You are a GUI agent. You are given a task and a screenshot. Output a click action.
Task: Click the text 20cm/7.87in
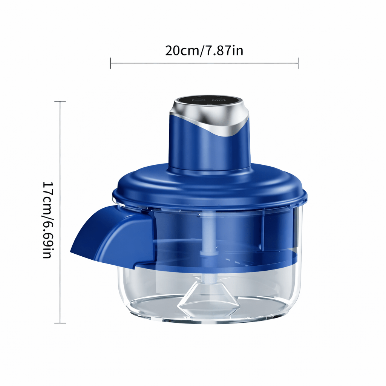(204, 50)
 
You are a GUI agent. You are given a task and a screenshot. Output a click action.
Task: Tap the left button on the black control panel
(198, 100)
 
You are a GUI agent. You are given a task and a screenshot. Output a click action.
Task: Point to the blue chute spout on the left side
(102, 237)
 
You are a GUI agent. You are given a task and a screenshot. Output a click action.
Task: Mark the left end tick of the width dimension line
(111, 63)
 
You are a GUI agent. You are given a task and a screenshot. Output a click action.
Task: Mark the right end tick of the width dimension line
(298, 63)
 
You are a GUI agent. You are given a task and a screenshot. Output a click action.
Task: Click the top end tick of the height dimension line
(60, 101)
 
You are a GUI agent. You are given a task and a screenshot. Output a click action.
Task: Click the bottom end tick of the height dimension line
(60, 323)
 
